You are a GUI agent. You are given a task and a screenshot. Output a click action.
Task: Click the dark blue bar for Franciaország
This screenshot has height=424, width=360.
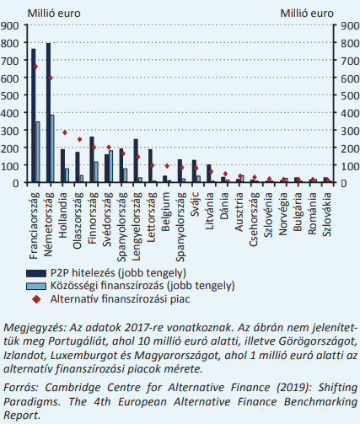(x=34, y=115)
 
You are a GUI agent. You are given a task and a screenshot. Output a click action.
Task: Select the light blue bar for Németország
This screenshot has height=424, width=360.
(x=52, y=148)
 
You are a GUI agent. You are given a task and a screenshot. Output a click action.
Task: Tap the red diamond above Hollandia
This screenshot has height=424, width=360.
(x=65, y=132)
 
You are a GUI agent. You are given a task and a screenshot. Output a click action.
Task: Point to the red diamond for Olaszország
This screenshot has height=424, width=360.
(x=79, y=139)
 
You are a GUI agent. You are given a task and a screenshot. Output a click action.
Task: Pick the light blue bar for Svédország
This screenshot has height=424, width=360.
(x=110, y=166)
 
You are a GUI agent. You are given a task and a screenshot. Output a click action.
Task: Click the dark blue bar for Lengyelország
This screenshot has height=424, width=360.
(x=136, y=160)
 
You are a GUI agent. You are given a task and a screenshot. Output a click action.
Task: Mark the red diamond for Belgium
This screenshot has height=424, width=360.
(x=167, y=166)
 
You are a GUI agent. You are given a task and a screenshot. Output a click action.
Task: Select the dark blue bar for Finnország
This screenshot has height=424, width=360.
(x=92, y=159)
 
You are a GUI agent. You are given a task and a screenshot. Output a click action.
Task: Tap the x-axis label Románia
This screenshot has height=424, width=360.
(x=312, y=213)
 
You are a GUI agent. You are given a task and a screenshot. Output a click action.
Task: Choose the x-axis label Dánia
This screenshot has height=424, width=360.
(x=224, y=206)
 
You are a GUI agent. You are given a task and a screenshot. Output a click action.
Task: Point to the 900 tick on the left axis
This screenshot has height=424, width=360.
(x=9, y=25)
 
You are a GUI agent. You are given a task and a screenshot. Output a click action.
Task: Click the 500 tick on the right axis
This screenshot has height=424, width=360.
(x=350, y=95)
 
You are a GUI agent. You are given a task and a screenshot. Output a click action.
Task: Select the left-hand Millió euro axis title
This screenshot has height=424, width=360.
(x=54, y=13)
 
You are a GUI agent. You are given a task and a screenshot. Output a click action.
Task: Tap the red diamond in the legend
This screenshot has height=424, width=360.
(x=36, y=299)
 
